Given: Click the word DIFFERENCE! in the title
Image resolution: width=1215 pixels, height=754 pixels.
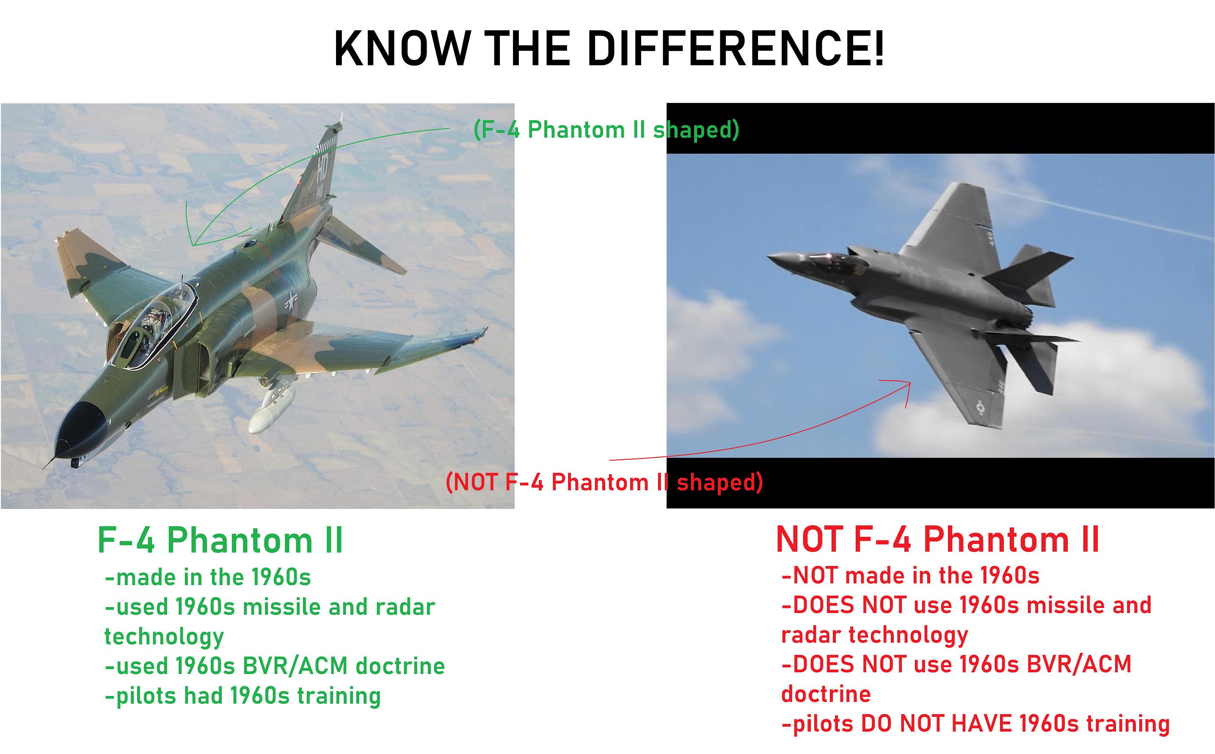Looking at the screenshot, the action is click(x=736, y=48).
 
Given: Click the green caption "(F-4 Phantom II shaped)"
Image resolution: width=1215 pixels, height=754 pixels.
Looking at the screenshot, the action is click(x=606, y=130).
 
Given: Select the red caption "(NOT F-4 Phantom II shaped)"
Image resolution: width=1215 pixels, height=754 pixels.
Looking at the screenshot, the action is click(x=604, y=482).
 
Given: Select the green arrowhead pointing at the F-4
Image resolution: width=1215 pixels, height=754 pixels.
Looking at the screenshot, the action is click(x=192, y=229).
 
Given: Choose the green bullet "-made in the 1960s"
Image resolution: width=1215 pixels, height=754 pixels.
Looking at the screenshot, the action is click(x=208, y=577).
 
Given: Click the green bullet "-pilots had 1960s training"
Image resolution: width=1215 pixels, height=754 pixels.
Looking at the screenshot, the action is click(x=242, y=696).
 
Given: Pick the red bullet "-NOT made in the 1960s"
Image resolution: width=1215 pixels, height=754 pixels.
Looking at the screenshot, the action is click(x=910, y=575).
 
